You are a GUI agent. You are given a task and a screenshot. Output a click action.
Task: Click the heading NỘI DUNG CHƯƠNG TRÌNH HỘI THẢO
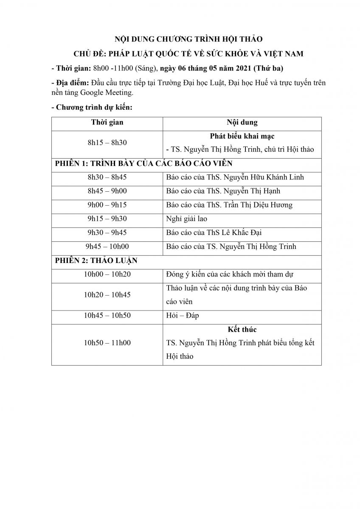[189, 39]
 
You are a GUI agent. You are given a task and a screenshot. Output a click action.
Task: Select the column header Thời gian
[107, 122]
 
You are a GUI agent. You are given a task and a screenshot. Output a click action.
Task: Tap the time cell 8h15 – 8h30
[107, 143]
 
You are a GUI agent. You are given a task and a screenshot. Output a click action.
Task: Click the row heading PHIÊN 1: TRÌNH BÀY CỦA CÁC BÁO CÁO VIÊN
[144, 163]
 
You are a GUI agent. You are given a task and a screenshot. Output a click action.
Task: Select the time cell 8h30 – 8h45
[107, 177]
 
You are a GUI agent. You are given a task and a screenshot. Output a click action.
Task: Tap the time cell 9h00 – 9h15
[107, 205]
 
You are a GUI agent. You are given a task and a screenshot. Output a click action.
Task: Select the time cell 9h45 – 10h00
[107, 246]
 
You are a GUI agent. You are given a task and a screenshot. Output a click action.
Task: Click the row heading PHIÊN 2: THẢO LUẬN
[96, 260]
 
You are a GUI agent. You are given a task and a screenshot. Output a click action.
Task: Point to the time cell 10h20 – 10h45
[107, 295]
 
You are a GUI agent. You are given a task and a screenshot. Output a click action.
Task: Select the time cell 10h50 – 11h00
[107, 343]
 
